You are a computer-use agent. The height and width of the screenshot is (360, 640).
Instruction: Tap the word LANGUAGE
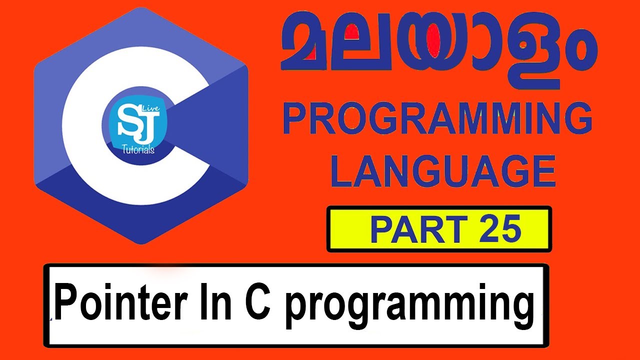click(443, 171)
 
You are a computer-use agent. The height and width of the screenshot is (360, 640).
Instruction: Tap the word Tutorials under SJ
click(138, 149)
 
